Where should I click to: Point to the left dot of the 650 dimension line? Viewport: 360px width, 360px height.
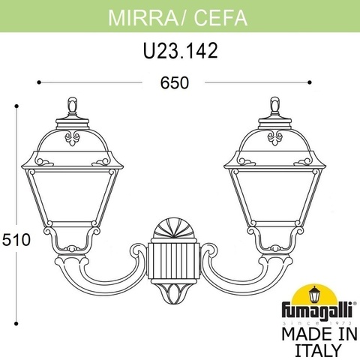coord(38,82)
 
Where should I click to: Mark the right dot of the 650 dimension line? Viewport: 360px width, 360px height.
coord(310,82)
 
